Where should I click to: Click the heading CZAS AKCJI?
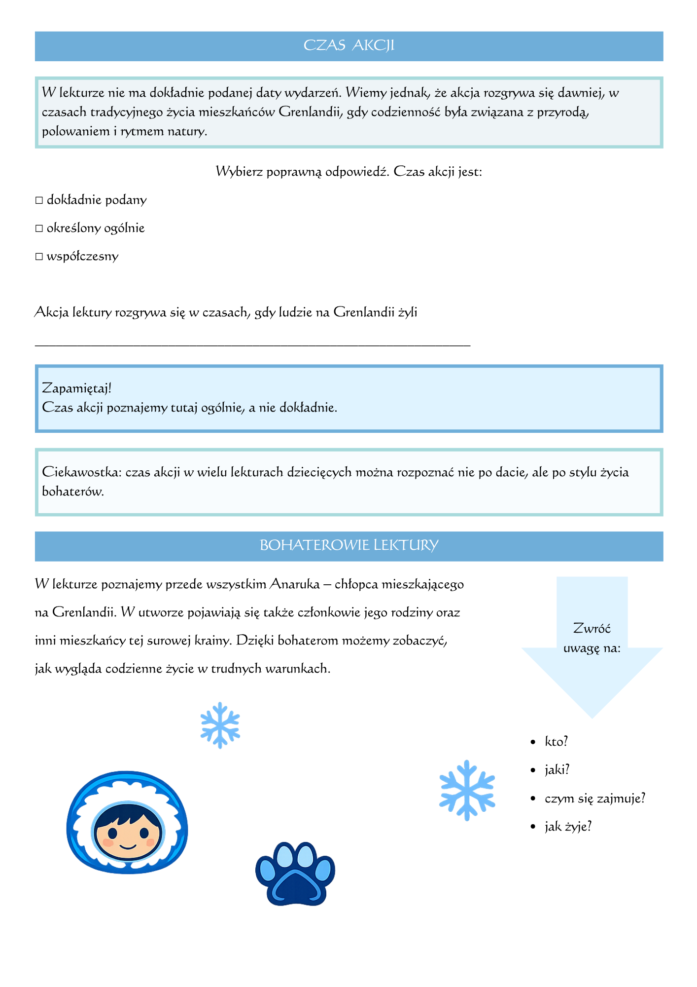[x=348, y=45]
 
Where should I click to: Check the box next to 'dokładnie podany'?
[x=39, y=201]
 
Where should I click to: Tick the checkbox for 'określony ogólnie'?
[x=39, y=229]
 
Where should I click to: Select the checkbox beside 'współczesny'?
[x=39, y=257]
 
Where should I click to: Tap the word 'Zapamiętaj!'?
[x=77, y=388]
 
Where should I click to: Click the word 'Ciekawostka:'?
[x=81, y=472]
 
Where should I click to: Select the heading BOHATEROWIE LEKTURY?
[x=348, y=545]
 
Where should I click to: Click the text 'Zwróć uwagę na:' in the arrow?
[x=592, y=638]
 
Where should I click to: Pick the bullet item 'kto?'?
[x=557, y=742]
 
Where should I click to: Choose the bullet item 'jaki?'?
[x=557, y=770]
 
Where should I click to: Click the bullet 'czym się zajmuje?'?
[x=594, y=798]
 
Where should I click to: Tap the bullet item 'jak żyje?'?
[x=568, y=827]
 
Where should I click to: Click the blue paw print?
[x=295, y=874]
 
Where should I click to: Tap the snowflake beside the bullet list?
[x=467, y=790]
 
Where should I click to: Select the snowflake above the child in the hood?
[x=220, y=725]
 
